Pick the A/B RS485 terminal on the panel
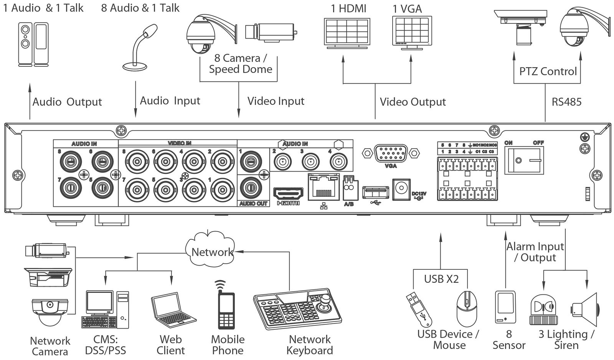click(x=348, y=187)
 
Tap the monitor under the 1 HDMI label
click(x=347, y=32)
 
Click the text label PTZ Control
click(x=548, y=71)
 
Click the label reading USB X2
click(x=441, y=279)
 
